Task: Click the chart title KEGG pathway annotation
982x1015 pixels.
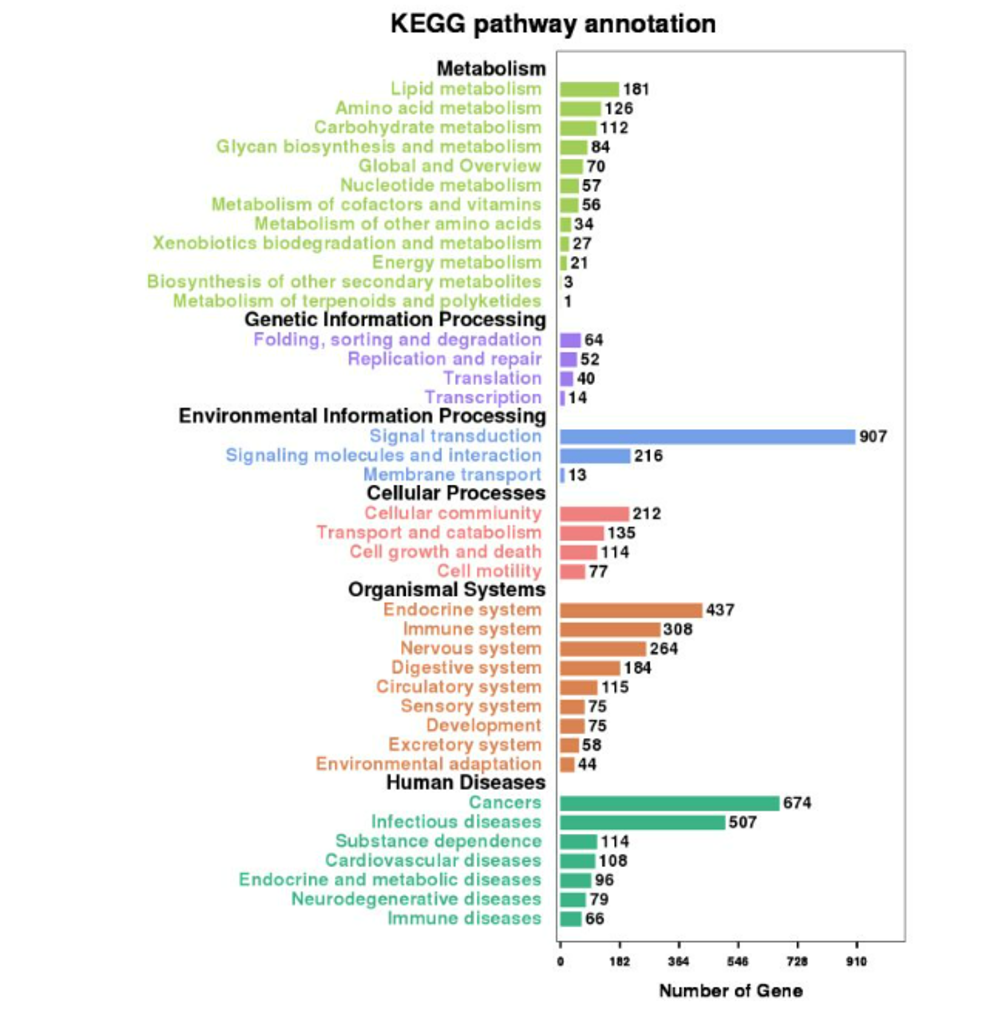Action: [552, 24]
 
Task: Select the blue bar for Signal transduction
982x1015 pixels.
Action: [707, 436]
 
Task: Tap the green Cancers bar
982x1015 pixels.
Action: [670, 803]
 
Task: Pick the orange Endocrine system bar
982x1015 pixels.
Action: [631, 610]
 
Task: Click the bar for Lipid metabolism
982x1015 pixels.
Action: [589, 89]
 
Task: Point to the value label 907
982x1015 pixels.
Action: [873, 436]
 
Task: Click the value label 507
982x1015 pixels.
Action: [742, 822]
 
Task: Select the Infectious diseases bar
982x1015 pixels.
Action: [643, 822]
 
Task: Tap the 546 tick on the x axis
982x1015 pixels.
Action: [738, 962]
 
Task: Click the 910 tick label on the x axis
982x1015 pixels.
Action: [856, 962]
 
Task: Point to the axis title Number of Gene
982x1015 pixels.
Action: [730, 991]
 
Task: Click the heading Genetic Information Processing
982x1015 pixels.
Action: [395, 320]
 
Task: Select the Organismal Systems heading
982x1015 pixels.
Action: [447, 589]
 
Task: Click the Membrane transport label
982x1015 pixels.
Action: [452, 475]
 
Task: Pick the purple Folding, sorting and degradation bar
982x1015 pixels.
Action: [570, 340]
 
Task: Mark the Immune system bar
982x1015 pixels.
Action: [610, 629]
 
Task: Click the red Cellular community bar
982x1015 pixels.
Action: [594, 514]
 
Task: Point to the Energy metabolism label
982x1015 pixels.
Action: [457, 262]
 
